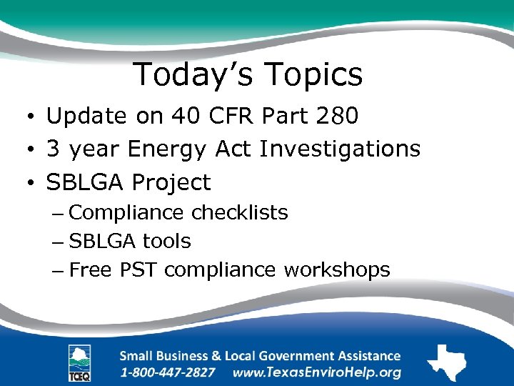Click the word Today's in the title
click(x=193, y=74)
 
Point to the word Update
click(x=86, y=117)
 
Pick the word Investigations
click(x=340, y=149)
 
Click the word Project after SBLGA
click(x=171, y=183)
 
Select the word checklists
click(x=240, y=213)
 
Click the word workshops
click(x=337, y=270)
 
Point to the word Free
click(x=92, y=270)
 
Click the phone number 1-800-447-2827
click(x=168, y=372)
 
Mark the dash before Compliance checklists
click(x=60, y=213)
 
